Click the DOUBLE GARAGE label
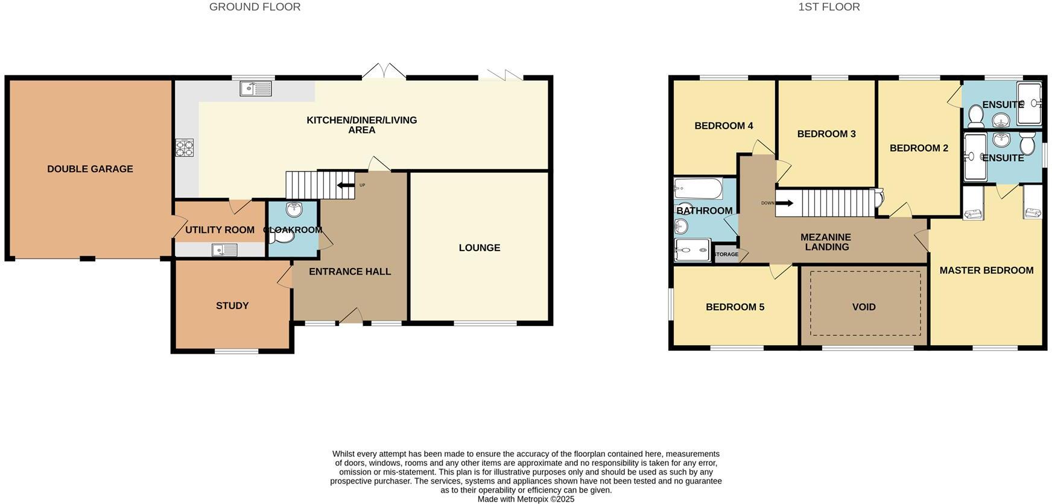[x=90, y=169]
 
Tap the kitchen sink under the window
[x=256, y=89]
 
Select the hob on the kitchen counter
[x=185, y=148]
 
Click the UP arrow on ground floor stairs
[x=346, y=185]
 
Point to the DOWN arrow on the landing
[x=784, y=203]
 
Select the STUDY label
[x=232, y=306]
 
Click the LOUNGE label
[x=480, y=248]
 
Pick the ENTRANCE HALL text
[x=350, y=272]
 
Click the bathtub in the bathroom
[x=698, y=189]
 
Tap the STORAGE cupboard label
[x=726, y=255]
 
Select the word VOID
[x=864, y=307]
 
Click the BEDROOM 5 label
[x=735, y=307]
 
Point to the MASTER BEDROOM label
[x=986, y=270]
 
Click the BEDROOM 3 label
[x=826, y=134]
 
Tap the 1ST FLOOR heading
[x=829, y=7]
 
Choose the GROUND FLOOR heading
[x=255, y=7]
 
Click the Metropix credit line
[x=525, y=499]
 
